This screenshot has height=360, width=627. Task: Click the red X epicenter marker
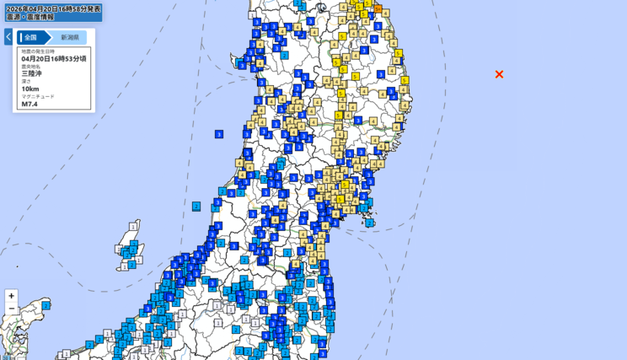[499, 74]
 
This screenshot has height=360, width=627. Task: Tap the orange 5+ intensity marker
[378, 8]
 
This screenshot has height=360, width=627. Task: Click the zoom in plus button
[11, 296]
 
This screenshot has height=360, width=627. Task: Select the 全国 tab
[31, 37]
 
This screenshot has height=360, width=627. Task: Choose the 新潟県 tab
[69, 37]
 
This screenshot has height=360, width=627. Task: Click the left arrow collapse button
[8, 37]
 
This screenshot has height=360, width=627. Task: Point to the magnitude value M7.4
[30, 104]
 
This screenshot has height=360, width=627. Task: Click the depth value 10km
[30, 89]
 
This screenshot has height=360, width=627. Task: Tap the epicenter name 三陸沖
[32, 73]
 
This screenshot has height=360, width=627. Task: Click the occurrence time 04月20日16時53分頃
[53, 59]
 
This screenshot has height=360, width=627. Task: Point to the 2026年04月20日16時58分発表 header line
[52, 8]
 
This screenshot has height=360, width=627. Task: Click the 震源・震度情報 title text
[29, 17]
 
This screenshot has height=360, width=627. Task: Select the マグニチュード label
[38, 96]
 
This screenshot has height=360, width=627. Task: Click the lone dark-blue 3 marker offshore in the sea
[219, 134]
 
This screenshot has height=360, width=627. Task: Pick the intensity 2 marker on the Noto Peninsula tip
[46, 305]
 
